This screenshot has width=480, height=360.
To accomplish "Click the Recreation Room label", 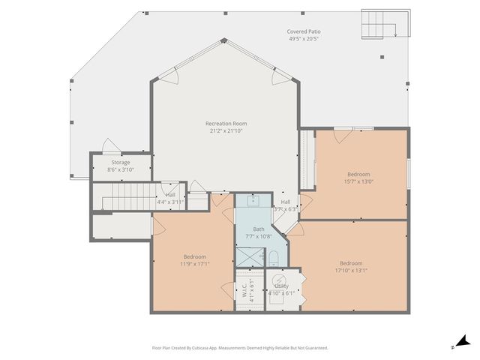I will (226, 123).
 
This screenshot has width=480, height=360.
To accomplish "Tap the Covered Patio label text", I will (304, 32).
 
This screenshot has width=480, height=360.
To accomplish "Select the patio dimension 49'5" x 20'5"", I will (304, 40).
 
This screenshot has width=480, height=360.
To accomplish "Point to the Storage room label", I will (121, 162).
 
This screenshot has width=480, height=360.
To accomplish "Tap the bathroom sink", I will (254, 201).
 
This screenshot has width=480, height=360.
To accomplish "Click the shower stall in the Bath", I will (247, 256).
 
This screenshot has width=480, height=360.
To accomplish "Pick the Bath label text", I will (259, 229).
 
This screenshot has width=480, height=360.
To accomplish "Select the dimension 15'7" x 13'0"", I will (358, 181).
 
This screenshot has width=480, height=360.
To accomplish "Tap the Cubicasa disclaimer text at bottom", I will (240, 348).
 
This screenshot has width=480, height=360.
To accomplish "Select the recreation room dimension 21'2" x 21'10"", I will (226, 130).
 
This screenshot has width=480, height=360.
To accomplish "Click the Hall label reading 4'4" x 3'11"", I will (171, 199).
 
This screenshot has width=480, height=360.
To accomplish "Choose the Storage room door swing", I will (110, 146).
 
